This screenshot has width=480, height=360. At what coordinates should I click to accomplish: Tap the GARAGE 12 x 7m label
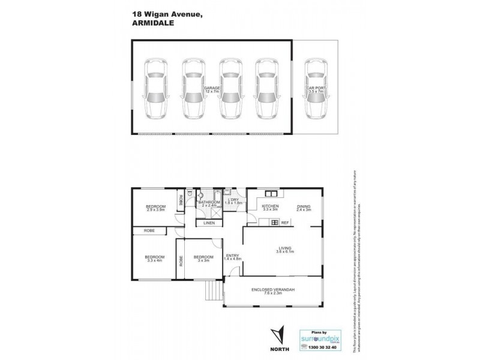[212, 90]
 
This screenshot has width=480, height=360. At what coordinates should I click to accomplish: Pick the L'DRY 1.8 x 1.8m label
[232, 202]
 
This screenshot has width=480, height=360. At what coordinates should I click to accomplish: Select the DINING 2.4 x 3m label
[304, 208]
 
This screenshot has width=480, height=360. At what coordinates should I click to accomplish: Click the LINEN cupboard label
[209, 223]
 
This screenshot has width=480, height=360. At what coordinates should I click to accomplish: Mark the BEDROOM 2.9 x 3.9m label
[155, 208]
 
